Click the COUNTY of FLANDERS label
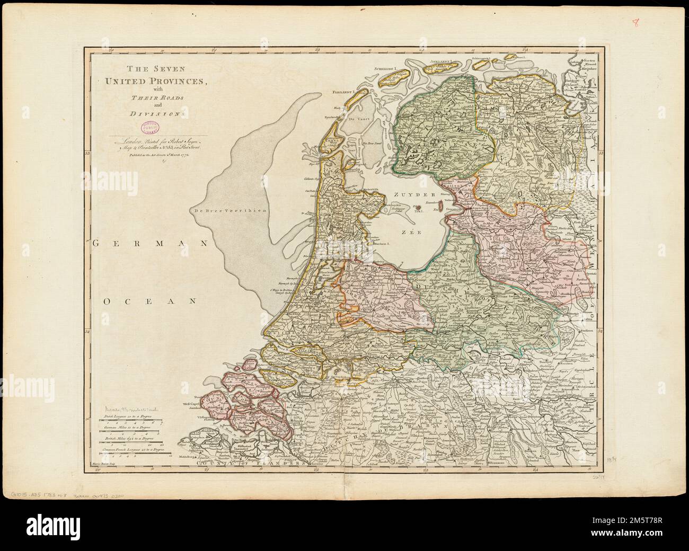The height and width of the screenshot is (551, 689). (x=251, y=463)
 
